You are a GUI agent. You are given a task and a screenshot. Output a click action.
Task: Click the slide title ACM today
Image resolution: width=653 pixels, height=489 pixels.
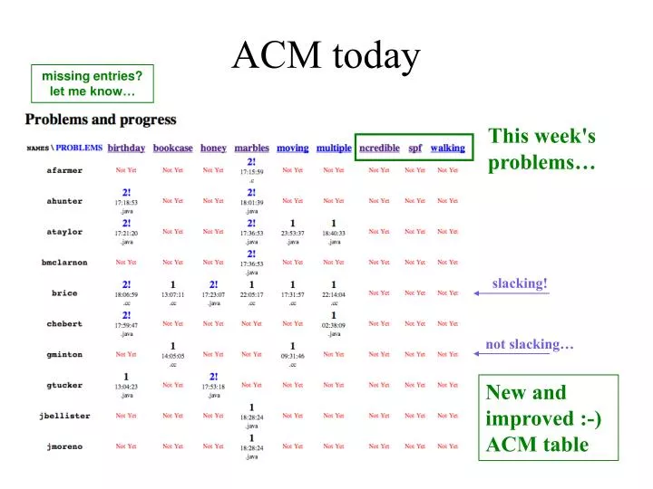(x=326, y=56)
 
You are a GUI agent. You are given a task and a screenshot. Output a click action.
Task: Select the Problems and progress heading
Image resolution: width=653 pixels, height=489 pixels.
(x=101, y=119)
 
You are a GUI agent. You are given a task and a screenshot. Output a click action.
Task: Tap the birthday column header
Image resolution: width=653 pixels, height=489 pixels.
(x=126, y=148)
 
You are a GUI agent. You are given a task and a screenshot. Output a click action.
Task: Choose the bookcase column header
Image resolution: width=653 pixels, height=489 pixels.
(x=172, y=148)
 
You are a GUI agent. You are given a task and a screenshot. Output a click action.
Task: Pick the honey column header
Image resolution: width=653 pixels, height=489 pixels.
(x=213, y=148)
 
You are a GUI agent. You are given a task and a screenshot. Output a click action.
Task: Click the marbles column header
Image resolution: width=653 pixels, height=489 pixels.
(x=251, y=148)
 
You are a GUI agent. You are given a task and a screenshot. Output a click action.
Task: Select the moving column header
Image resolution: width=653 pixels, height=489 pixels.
(x=292, y=148)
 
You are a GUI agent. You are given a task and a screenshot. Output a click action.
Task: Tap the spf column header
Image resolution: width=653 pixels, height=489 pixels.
(x=414, y=148)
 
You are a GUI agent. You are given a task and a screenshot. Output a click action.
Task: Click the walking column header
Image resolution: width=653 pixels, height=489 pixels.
(x=448, y=148)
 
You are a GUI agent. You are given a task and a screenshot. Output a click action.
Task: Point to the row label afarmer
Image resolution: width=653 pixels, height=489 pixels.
(x=64, y=170)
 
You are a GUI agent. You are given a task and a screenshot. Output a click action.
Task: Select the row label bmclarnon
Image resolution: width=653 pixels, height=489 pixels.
(x=64, y=263)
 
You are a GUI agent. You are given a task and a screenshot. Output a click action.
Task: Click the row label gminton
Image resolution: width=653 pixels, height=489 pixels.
(x=64, y=355)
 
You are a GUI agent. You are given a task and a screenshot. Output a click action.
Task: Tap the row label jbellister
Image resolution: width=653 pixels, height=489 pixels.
(x=64, y=416)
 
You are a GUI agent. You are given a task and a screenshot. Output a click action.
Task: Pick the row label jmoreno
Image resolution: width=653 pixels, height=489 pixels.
(x=64, y=446)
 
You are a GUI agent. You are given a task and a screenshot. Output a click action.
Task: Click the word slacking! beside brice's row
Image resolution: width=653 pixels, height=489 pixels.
(x=520, y=283)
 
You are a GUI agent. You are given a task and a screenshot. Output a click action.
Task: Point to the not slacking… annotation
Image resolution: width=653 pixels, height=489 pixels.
(x=530, y=344)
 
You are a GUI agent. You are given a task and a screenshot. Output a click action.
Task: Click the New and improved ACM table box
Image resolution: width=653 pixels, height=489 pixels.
(x=548, y=418)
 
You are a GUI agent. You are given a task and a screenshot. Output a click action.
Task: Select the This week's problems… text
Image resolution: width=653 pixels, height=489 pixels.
(x=541, y=149)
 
